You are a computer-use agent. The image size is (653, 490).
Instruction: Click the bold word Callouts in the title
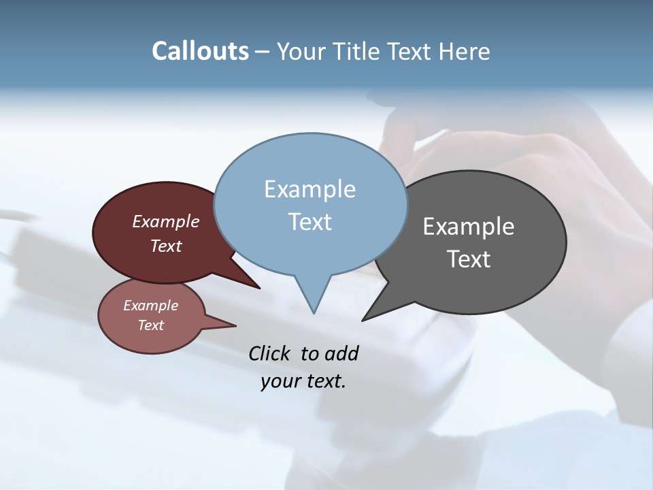[x=200, y=51]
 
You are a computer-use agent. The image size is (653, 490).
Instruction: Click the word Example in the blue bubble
[x=309, y=189]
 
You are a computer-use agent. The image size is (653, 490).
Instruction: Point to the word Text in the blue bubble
[x=309, y=222]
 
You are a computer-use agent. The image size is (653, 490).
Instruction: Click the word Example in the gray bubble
[x=469, y=227]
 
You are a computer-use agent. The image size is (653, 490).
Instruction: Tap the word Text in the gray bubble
[x=469, y=259]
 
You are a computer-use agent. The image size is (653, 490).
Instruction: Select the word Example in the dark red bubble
[x=166, y=221]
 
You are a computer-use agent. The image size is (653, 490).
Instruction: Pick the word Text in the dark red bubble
[x=166, y=246]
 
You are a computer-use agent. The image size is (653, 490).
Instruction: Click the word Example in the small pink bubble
[x=150, y=306]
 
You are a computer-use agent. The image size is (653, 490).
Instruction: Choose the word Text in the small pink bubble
[x=150, y=325]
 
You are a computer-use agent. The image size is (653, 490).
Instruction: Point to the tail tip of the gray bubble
[x=363, y=320]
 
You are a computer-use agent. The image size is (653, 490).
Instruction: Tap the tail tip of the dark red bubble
[x=259, y=288]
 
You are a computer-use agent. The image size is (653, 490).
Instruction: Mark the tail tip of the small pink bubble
[x=235, y=325]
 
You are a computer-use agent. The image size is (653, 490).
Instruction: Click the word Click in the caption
[x=270, y=353]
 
